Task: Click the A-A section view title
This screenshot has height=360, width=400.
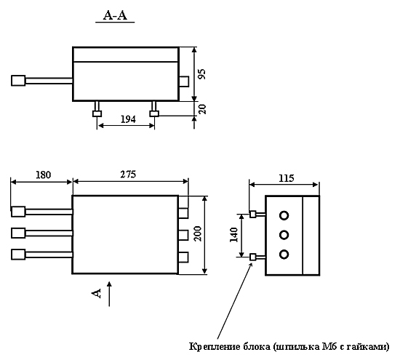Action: point(115,15)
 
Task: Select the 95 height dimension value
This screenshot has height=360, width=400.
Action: point(202,74)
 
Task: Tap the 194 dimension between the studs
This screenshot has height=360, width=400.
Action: point(128,119)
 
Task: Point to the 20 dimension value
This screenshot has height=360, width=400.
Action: point(202,109)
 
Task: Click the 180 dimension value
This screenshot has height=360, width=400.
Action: point(43,175)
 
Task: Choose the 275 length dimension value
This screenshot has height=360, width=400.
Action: point(128,175)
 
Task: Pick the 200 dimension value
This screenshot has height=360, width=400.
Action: point(198,233)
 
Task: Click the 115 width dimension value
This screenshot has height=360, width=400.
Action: point(287,178)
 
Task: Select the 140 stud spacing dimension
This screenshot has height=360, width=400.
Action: point(233,235)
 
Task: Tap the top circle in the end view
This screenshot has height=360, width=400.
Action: point(284,215)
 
